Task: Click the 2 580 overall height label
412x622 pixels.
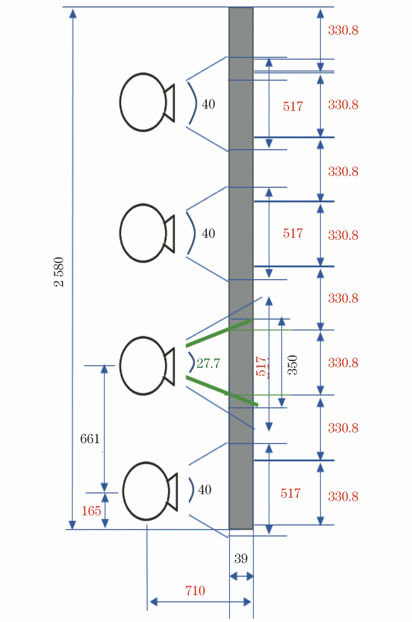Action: pos(59,272)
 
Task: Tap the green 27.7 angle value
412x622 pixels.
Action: pos(208,363)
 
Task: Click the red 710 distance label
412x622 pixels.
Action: pos(195,590)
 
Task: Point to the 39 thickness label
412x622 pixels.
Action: pos(241,558)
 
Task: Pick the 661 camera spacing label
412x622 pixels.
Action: pos(90,439)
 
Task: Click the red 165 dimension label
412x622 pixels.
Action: pos(91,511)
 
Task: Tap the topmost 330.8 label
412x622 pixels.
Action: pos(343,30)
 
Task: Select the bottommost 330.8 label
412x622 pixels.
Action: pos(343,497)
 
